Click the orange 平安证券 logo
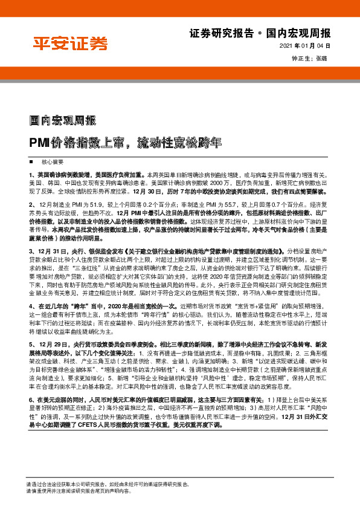coord(69,43)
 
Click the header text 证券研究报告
coord(217,33)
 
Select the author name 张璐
coord(321,59)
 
